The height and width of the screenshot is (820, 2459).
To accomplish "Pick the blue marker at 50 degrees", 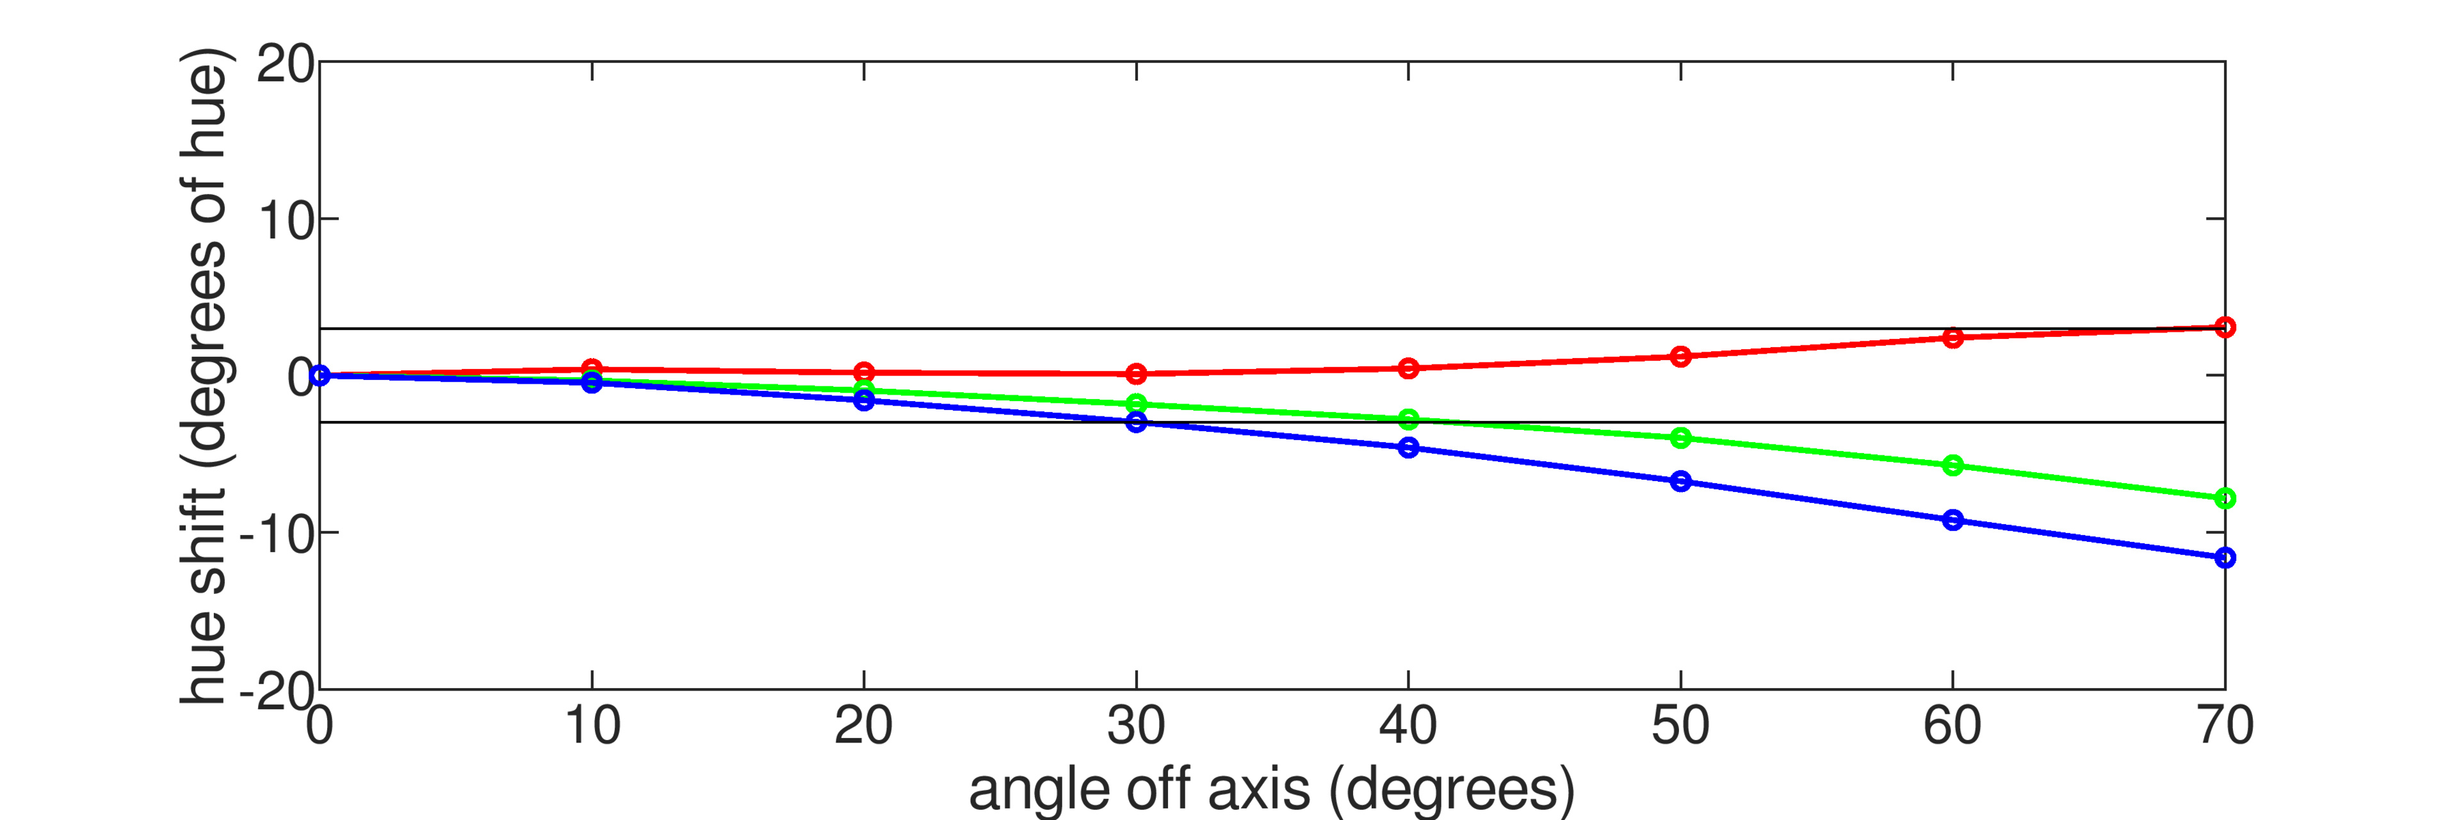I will (1680, 481).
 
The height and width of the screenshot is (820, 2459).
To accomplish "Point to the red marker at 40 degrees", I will (1408, 368).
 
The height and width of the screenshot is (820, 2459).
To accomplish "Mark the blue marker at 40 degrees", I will (1408, 448).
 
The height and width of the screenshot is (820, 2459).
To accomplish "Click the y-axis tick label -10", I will (277, 534).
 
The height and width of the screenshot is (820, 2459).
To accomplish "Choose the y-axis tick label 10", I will (284, 222).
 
